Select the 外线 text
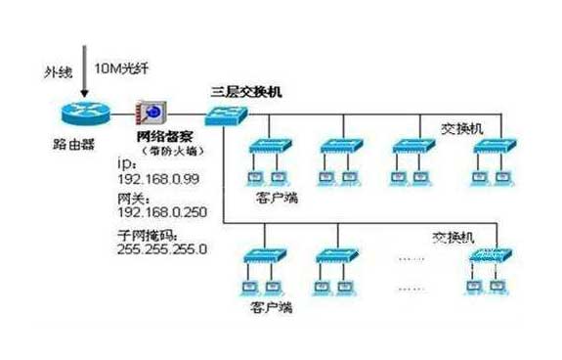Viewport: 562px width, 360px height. pos(56,70)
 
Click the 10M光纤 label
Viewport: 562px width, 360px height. pos(122,69)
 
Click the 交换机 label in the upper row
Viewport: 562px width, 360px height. pos(463,127)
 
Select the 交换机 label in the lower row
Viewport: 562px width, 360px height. pos(455,238)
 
